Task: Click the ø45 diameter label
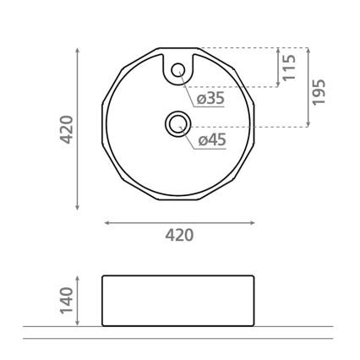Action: coord(210,141)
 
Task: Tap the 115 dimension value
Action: coord(290,67)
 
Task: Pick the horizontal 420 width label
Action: coord(178,235)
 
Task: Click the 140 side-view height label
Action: coord(68,299)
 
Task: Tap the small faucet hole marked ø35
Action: coord(178,72)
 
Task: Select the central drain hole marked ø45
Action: coord(178,125)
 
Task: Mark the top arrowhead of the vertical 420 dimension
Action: coord(79,51)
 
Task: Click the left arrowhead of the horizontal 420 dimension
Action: coord(106,223)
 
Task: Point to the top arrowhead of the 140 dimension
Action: coord(79,277)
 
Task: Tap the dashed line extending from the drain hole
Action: coord(245,126)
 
